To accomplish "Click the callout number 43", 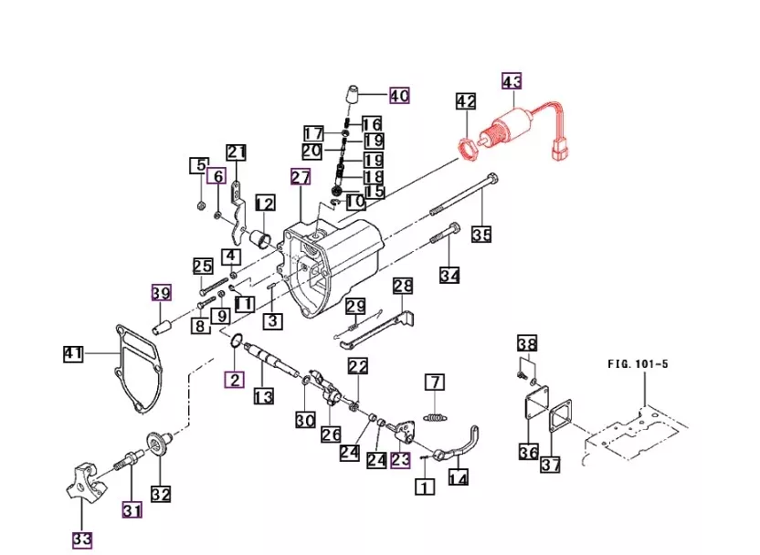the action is tap(512, 81).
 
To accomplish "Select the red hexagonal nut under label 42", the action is tap(469, 148).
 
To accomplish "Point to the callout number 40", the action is tap(399, 96).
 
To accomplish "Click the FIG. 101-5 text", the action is tap(638, 363).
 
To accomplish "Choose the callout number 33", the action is tap(82, 539).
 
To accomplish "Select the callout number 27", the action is tap(301, 177).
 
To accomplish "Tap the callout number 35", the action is tap(481, 235).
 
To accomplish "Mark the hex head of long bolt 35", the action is tap(493, 178).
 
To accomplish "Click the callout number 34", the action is tap(449, 275).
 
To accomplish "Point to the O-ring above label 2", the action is tap(235, 341).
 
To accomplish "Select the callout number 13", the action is tap(264, 396).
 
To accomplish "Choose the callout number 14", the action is tap(458, 478).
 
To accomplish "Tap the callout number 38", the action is tap(527, 344).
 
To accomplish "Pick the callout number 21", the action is tap(237, 152).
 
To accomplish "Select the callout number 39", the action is tap(162, 293).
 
